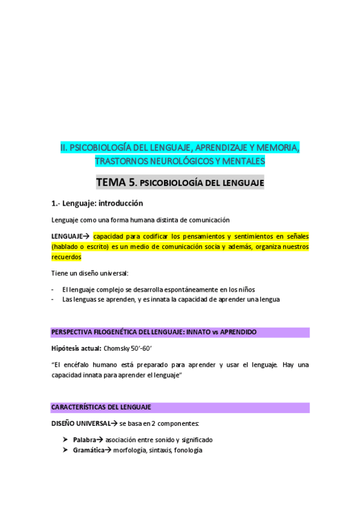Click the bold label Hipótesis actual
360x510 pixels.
coord(76,348)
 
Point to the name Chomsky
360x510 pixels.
coord(117,348)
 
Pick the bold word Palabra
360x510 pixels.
coord(85,440)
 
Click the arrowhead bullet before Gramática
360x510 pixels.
coord(65,450)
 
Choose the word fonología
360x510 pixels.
coord(188,450)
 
